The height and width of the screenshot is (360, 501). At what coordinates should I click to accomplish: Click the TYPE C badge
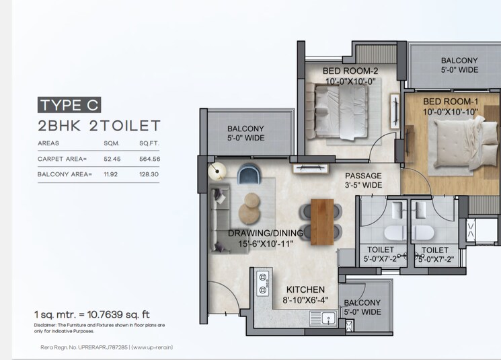tap(69, 104)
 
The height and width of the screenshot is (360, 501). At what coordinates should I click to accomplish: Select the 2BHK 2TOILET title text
tap(99, 125)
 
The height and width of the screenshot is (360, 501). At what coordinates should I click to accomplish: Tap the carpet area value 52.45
tap(112, 159)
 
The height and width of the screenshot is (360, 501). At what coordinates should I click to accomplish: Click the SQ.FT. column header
tap(148, 143)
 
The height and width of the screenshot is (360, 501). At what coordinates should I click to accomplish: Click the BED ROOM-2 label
tap(350, 76)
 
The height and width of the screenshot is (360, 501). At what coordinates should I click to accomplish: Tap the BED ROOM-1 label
tap(451, 106)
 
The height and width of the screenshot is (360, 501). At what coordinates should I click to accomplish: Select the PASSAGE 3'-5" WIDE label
tap(362, 180)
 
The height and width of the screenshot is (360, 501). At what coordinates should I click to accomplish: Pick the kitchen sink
tap(327, 318)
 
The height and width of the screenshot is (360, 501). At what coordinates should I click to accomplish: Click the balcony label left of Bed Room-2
tap(245, 133)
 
